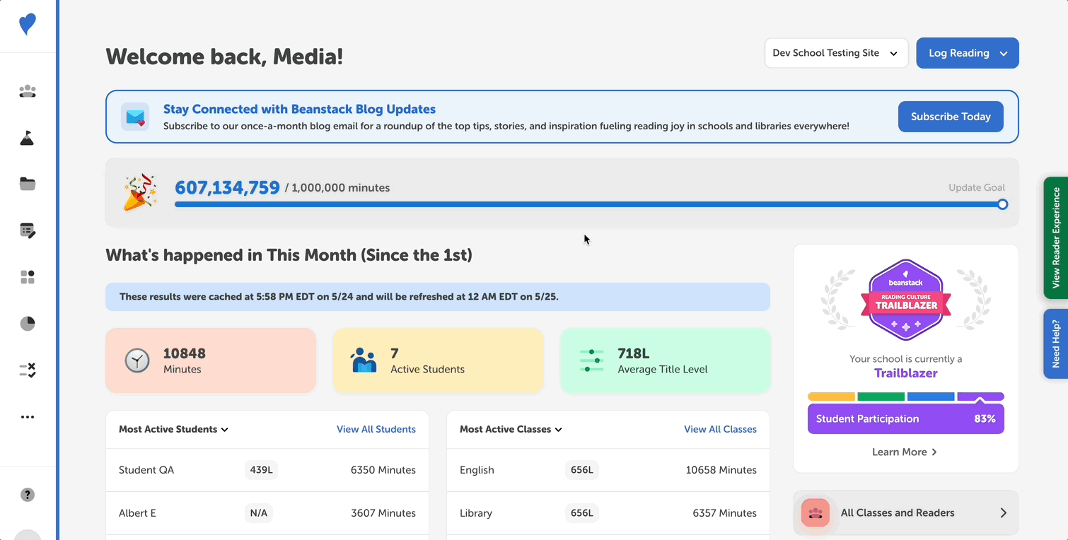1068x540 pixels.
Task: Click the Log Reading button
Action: click(967, 53)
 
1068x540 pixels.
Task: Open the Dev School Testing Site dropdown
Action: click(836, 53)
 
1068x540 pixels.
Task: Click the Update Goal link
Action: click(976, 187)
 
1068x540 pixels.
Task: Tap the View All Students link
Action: click(376, 429)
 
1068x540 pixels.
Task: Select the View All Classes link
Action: click(719, 429)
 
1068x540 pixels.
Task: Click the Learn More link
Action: click(905, 452)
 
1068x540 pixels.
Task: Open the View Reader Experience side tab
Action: click(1056, 237)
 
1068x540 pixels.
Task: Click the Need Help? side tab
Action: click(1056, 344)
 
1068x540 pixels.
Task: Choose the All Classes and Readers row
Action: click(905, 513)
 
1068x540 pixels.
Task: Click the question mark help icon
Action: click(28, 495)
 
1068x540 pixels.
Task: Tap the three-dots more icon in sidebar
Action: click(28, 417)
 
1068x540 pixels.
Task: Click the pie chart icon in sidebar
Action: click(28, 324)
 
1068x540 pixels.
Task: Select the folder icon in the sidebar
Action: click(28, 184)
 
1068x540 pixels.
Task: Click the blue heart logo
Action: click(28, 24)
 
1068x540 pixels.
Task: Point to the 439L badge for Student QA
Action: click(261, 470)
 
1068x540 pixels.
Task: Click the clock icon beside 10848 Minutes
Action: click(137, 360)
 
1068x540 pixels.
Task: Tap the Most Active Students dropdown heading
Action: click(173, 429)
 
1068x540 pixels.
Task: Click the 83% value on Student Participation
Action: click(984, 418)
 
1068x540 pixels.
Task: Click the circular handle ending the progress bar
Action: click(1002, 204)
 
